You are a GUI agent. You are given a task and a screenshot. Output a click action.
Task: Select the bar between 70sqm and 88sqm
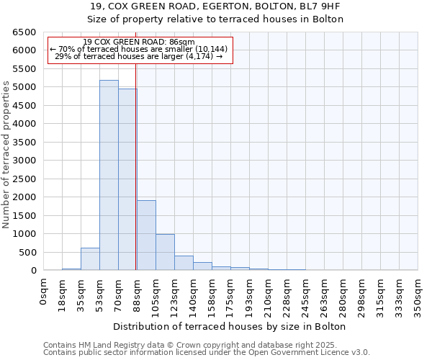(127, 179)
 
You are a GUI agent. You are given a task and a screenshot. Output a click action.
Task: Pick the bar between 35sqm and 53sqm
(90, 259)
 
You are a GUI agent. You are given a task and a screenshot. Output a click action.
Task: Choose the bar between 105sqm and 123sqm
(165, 252)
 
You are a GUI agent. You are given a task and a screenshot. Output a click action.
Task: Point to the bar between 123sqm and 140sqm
(184, 263)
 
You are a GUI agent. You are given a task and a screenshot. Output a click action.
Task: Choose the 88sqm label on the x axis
(138, 292)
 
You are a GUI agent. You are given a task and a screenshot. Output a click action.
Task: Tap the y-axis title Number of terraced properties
(6, 155)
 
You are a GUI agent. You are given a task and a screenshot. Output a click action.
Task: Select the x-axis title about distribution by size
(230, 326)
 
